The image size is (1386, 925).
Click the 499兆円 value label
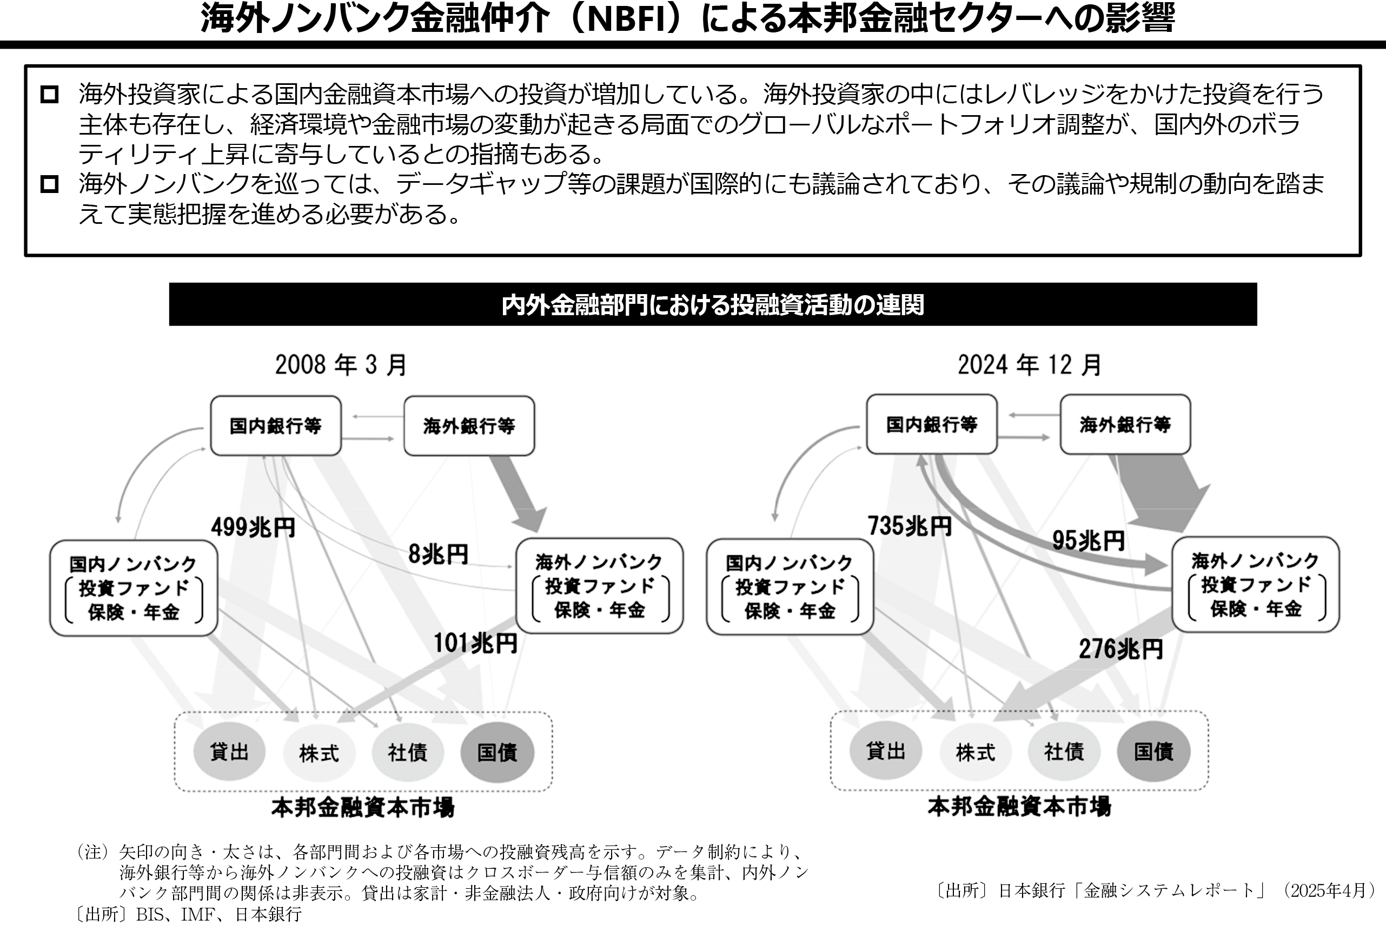pyautogui.click(x=253, y=527)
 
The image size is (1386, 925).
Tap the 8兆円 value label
pyautogui.click(x=438, y=554)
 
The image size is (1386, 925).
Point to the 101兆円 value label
pyautogui.click(x=475, y=643)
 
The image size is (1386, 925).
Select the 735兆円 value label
pyautogui.click(x=909, y=525)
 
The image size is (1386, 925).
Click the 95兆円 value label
pyautogui.click(x=1088, y=541)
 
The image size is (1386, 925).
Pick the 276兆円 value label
pyautogui.click(x=1120, y=649)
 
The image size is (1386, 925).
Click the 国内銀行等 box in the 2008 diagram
pyautogui.click(x=276, y=425)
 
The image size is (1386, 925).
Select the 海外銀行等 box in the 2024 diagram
pyautogui.click(x=1125, y=424)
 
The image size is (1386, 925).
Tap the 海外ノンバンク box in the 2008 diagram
pyautogui.click(x=599, y=586)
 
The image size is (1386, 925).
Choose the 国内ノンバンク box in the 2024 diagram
pyautogui.click(x=789, y=587)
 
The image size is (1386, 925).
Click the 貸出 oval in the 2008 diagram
pyautogui.click(x=229, y=752)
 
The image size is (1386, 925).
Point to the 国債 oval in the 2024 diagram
pyautogui.click(x=1153, y=751)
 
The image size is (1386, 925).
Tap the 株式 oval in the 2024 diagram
pyautogui.click(x=975, y=752)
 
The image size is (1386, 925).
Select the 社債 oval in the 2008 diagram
pyautogui.click(x=407, y=752)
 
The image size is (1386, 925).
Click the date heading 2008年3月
pyautogui.click(x=341, y=364)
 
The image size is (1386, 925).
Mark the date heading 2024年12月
pyautogui.click(x=1029, y=364)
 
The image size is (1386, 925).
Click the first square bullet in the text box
pyautogui.click(x=50, y=95)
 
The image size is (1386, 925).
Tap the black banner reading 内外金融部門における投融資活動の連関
pyautogui.click(x=712, y=304)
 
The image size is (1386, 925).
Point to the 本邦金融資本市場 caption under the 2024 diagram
pyautogui.click(x=1019, y=807)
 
